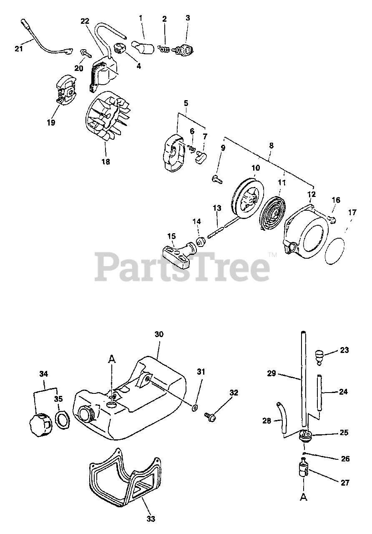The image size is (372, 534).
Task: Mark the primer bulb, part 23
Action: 320,357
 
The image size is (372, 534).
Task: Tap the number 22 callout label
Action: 85,21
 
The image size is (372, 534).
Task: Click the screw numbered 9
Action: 216,180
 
